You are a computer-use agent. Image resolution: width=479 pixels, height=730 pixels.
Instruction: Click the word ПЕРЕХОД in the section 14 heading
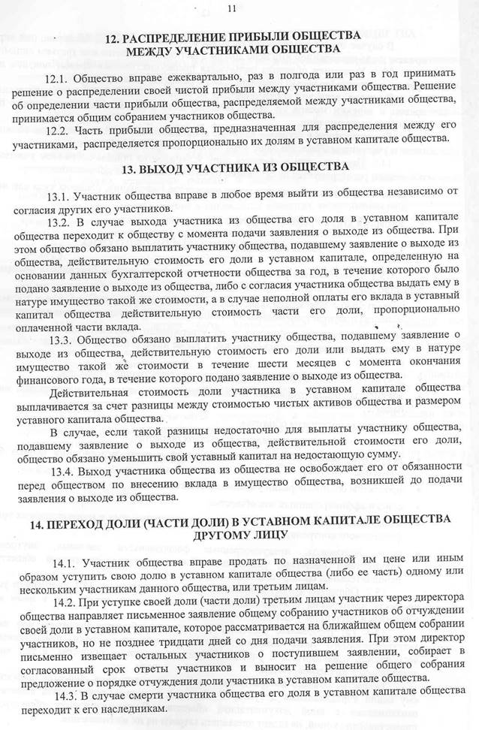(x=82, y=519)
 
